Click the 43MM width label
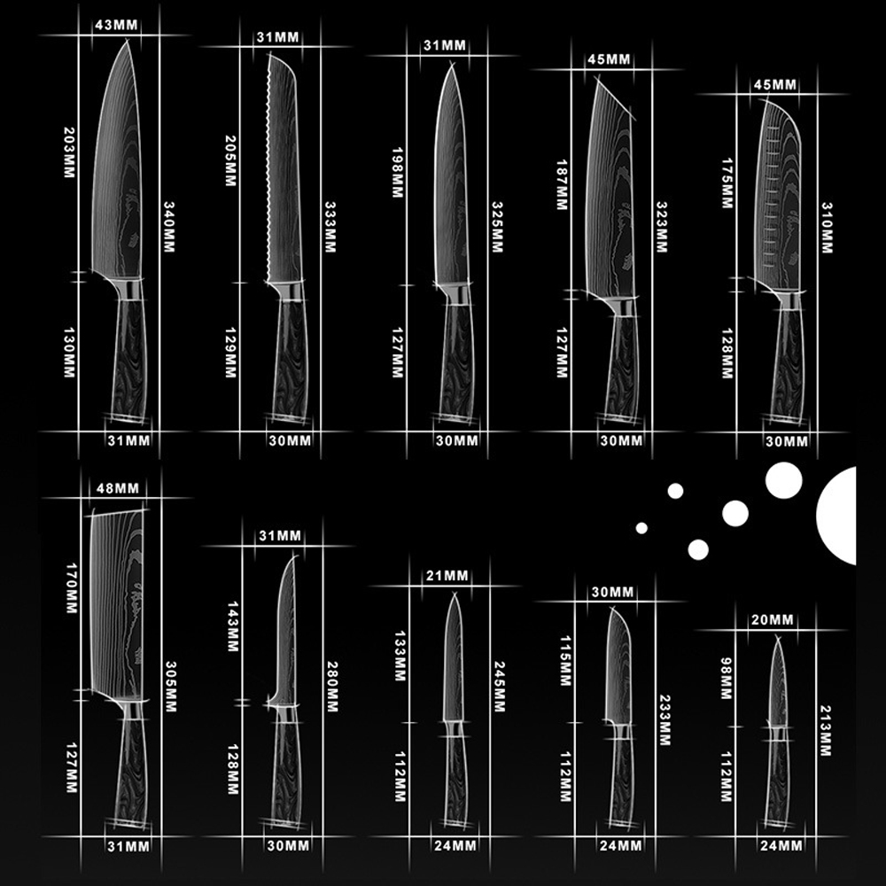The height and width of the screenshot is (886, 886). pyautogui.click(x=116, y=26)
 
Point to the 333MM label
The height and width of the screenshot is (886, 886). pyautogui.click(x=330, y=225)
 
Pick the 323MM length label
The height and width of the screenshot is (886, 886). pyautogui.click(x=661, y=226)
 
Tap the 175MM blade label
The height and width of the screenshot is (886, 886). pyautogui.click(x=727, y=182)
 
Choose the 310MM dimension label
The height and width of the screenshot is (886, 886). pyautogui.click(x=827, y=225)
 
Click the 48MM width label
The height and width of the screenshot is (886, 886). pyautogui.click(x=116, y=488)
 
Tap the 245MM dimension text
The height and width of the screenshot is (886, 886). pyautogui.click(x=499, y=687)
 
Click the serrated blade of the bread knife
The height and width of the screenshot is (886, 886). pyautogui.click(x=284, y=168)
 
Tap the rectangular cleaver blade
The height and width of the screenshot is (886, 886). pyautogui.click(x=117, y=602)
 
